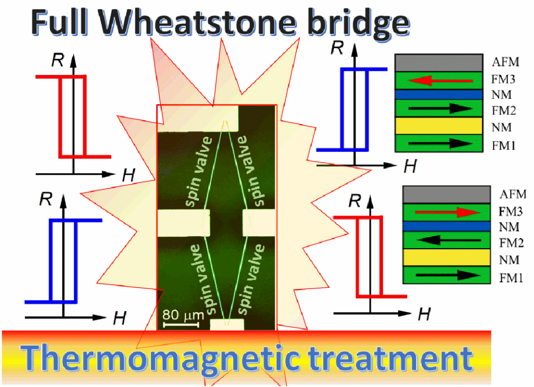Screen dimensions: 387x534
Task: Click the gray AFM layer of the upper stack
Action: (x=438, y=63)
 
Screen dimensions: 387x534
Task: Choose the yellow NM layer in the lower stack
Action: (x=446, y=257)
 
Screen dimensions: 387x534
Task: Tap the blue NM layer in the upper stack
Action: (x=438, y=94)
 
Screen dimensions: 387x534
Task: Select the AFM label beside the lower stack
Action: (x=513, y=194)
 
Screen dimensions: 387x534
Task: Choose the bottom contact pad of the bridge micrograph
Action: (x=226, y=324)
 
